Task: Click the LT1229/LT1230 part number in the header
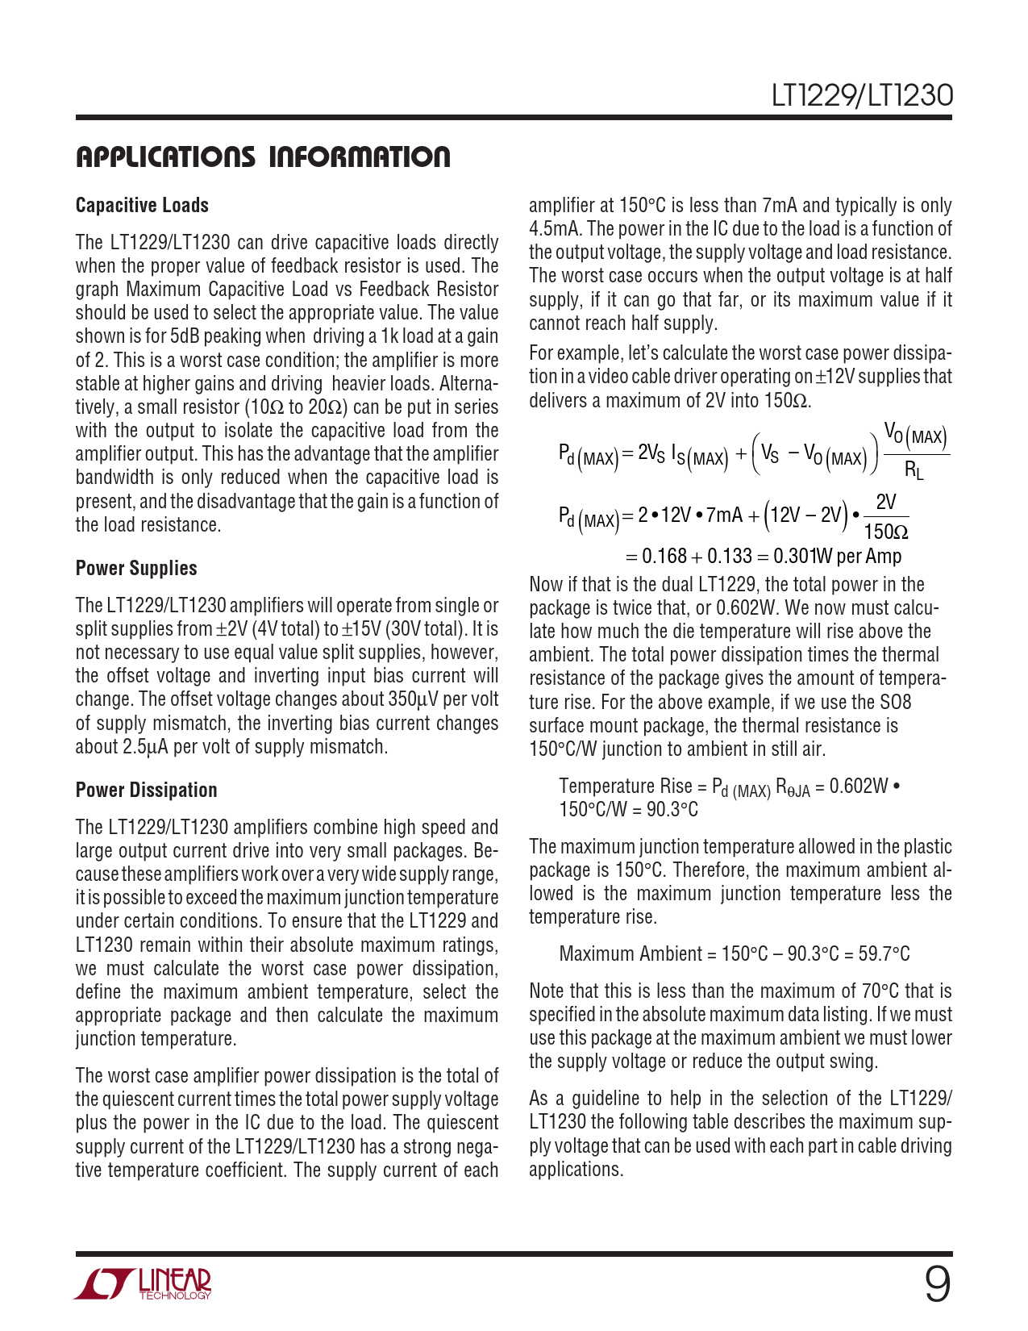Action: [x=861, y=96]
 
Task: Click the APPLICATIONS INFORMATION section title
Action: [x=263, y=157]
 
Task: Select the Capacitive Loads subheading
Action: [x=142, y=206]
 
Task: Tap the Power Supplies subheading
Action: [x=136, y=569]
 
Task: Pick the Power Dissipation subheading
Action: [x=146, y=791]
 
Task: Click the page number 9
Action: [x=936, y=1285]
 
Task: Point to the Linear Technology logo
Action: [x=143, y=1284]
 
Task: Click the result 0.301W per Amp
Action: [x=837, y=557]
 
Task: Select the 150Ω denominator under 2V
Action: [x=885, y=532]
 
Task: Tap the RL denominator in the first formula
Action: [x=914, y=469]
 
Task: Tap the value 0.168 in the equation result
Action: [x=664, y=557]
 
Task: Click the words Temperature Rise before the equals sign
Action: [x=625, y=786]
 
